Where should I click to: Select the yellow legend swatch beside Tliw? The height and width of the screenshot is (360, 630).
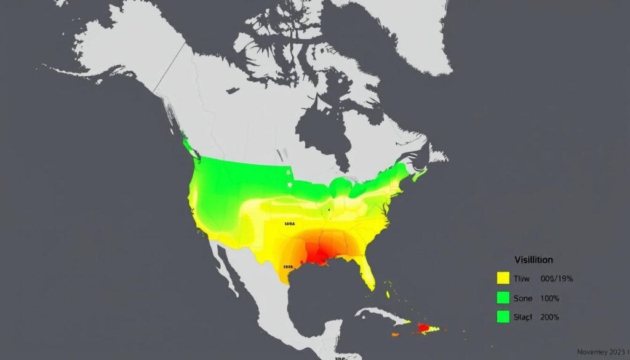(x=503, y=279)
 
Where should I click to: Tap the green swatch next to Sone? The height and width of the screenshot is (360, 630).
(x=503, y=298)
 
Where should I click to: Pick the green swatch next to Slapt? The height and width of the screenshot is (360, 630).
(x=503, y=317)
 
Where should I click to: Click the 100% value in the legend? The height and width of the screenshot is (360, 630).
(x=549, y=298)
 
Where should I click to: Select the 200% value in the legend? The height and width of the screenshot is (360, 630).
(x=549, y=317)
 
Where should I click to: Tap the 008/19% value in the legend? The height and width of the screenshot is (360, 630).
(x=557, y=279)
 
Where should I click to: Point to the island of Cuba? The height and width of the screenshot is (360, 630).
(x=381, y=314)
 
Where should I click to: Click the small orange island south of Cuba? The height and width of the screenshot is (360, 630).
(x=394, y=335)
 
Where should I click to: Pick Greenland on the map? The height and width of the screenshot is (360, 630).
(x=394, y=31)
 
